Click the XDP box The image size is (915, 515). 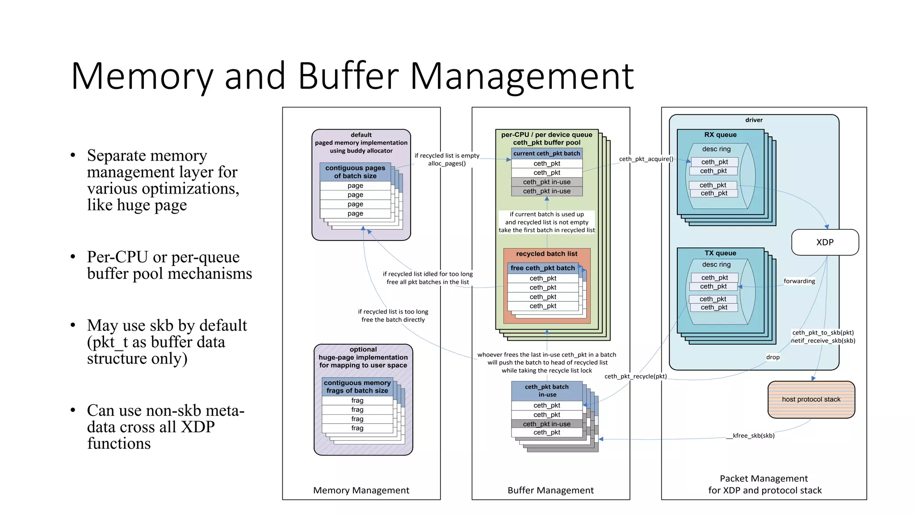pos(825,242)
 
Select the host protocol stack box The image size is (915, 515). pos(811,399)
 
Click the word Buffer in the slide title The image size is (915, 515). pos(348,76)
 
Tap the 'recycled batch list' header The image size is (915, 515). pos(546,254)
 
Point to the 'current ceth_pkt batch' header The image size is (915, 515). pos(546,153)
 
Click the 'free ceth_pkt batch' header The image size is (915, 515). pos(542,268)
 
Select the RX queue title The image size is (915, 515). pos(720,135)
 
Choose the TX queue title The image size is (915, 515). pos(720,253)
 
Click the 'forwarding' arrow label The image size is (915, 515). pos(799,281)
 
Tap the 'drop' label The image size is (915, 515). pos(772,357)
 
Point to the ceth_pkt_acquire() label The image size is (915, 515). pos(646,159)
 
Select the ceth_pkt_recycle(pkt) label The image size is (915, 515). pos(635,376)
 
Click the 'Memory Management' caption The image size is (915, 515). pos(361,490)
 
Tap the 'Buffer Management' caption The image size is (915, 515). pos(550,490)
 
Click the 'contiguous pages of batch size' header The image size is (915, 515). pos(355,172)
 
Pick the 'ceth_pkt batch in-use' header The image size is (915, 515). pos(547,391)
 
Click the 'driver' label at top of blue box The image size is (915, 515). pos(754,120)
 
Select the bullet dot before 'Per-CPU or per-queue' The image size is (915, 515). pos(73,257)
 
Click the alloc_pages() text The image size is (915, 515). pos(447,164)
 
